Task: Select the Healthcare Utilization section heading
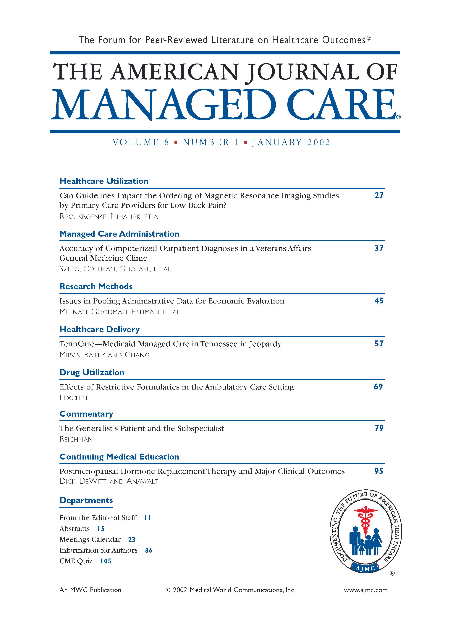(x=104, y=181)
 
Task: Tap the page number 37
(x=379, y=248)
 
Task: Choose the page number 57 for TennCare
(x=379, y=344)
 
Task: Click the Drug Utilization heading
(x=92, y=372)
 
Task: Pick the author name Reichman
(x=76, y=439)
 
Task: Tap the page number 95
(x=379, y=471)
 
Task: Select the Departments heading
(x=86, y=500)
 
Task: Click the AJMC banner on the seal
(x=365, y=568)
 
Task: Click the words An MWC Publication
(x=90, y=590)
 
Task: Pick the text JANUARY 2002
(x=291, y=142)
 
